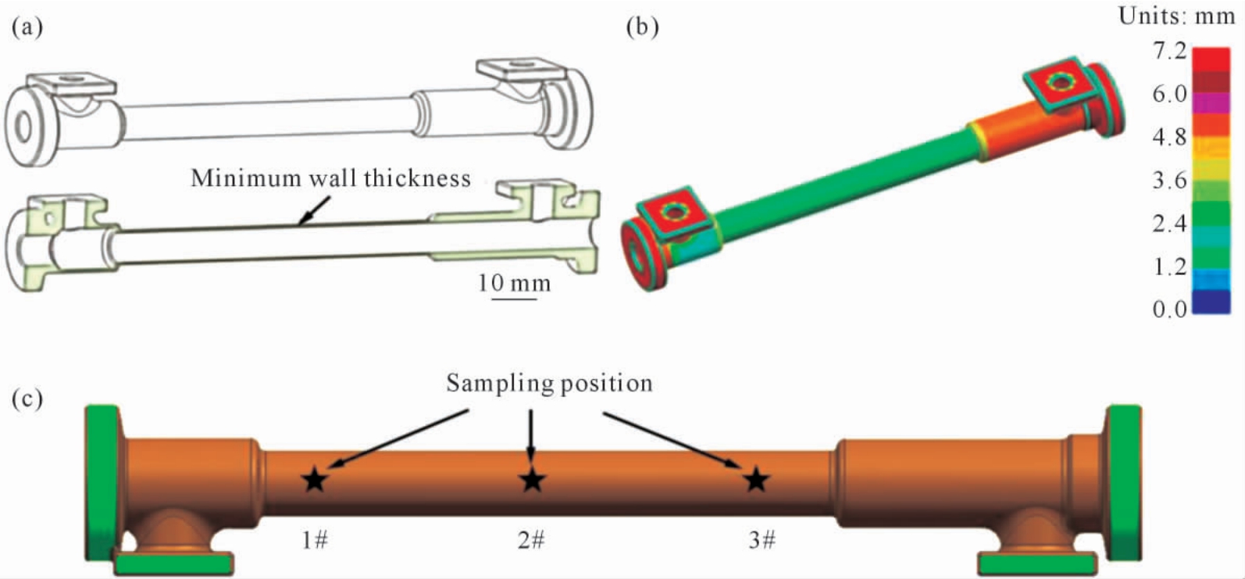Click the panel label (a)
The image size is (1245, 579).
[x=27, y=27]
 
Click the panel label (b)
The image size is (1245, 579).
[x=643, y=27]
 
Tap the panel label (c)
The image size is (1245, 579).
[x=27, y=399]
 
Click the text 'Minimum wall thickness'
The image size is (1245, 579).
[x=330, y=178]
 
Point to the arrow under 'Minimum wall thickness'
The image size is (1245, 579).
[x=314, y=210]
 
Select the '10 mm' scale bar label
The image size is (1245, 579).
[x=514, y=283]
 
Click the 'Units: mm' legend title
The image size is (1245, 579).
[x=1176, y=16]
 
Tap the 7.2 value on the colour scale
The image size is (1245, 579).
[x=1169, y=51]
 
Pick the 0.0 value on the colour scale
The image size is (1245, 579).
[x=1169, y=309]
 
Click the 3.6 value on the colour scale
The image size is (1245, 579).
[x=1169, y=180]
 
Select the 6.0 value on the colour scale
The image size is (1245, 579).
[x=1169, y=94]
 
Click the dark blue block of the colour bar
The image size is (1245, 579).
[x=1211, y=302]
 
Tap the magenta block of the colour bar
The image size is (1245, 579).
[x=1211, y=103]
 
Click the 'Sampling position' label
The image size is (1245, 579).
[x=549, y=384]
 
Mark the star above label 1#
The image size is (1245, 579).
[x=315, y=480]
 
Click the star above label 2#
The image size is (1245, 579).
[x=533, y=480]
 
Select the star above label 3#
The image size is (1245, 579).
[x=756, y=480]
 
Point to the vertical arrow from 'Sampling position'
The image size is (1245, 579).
[x=531, y=436]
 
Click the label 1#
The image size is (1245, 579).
[x=315, y=539]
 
